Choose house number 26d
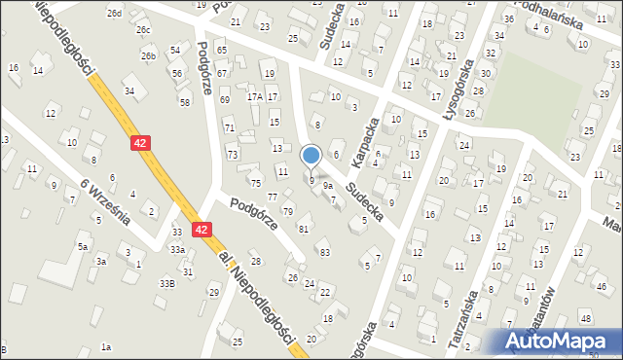coord(115,13)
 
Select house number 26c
coord(143,30)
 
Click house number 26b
coord(148,55)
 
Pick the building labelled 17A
coord(254,96)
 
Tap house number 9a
coord(328,185)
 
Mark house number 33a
coord(177,249)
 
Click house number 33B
coord(167,282)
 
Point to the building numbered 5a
coord(83,247)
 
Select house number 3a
coord(100,261)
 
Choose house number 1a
coord(106,346)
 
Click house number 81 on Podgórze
coord(304,229)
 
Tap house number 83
coord(324,252)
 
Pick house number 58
coord(184,101)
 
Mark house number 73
coord(232,155)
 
